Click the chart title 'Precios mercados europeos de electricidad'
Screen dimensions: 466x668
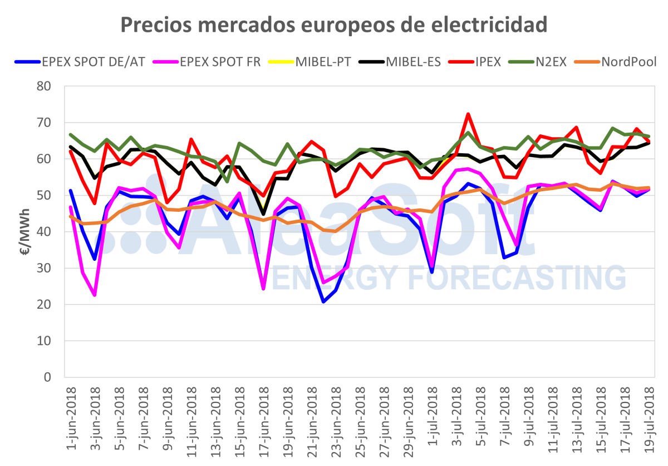point(334,25)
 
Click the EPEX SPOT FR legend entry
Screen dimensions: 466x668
point(220,61)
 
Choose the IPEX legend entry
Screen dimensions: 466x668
point(490,61)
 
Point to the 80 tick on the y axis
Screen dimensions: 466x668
point(44,86)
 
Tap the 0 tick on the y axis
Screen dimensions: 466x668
point(47,377)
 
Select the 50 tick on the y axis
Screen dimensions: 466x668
point(44,196)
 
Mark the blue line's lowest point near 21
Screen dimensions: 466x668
point(323,302)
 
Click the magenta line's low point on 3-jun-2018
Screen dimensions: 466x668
point(95,295)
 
